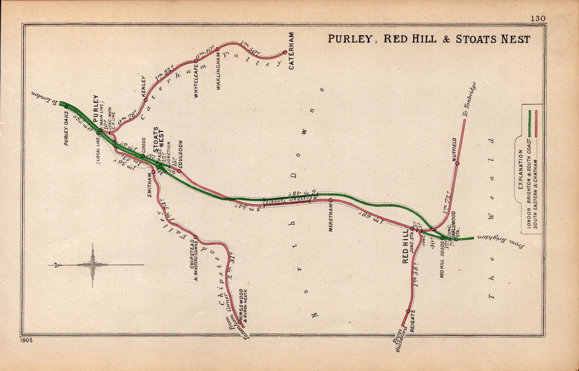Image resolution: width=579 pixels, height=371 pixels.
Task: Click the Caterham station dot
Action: pos(285,52)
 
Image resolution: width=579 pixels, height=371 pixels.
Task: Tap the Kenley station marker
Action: pos(145,100)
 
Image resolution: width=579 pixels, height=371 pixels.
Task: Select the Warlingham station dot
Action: pos(217,49)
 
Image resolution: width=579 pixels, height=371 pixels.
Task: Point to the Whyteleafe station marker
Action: pos(196,66)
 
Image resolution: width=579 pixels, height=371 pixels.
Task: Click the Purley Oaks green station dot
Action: pos(66,106)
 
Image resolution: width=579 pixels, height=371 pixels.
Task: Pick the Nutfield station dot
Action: pos(457,164)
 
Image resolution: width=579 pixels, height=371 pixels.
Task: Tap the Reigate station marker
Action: pos(408,311)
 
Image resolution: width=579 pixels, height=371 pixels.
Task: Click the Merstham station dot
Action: pos(330,200)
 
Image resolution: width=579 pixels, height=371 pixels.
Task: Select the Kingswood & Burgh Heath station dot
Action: pos(240,322)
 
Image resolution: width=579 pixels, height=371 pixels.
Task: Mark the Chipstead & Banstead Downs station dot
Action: pos(196,237)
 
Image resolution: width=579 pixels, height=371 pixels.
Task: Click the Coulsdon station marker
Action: pos(179,171)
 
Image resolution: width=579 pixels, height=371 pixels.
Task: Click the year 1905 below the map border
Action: pos(26,340)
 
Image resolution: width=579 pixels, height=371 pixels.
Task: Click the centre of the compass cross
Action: pos(93,265)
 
